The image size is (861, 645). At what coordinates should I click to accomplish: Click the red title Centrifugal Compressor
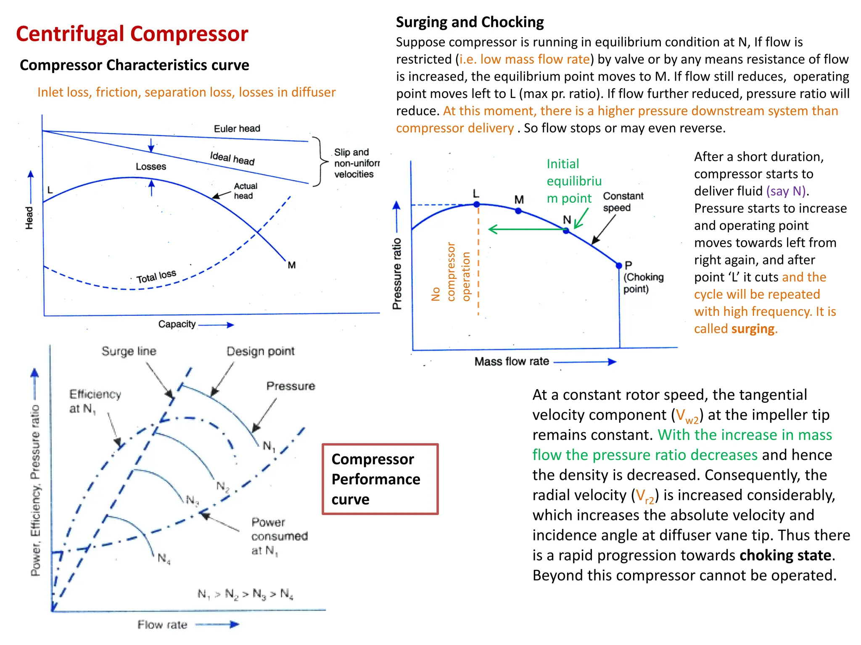click(x=132, y=34)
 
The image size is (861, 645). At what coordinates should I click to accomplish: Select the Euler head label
click(x=237, y=128)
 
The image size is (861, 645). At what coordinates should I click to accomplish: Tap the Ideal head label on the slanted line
click(x=232, y=158)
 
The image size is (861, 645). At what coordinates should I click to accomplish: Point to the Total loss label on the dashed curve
click(x=156, y=276)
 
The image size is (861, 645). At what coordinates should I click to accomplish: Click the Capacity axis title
click(x=177, y=324)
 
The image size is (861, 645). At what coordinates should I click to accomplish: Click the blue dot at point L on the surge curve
click(x=476, y=205)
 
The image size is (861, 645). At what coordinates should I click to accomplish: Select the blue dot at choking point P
click(x=619, y=265)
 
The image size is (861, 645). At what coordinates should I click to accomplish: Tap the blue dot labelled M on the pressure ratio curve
click(x=518, y=211)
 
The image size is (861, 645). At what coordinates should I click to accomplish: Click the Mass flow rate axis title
click(x=512, y=362)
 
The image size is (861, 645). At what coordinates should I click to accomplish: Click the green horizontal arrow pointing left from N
click(x=526, y=229)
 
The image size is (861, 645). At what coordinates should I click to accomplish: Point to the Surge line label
click(x=129, y=351)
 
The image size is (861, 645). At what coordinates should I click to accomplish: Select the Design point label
click(x=260, y=351)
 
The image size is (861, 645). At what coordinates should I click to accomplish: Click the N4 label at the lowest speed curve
click(x=164, y=558)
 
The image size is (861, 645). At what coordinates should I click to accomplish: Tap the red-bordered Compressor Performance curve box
click(x=380, y=479)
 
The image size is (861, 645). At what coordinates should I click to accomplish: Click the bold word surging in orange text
click(x=753, y=329)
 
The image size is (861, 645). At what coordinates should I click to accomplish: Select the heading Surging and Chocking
click(x=470, y=22)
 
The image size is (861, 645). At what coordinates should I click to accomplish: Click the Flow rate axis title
click(x=162, y=625)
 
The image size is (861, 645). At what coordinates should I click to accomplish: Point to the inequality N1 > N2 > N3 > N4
click(x=246, y=594)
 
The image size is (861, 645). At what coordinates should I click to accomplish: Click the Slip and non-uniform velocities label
click(x=356, y=163)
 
